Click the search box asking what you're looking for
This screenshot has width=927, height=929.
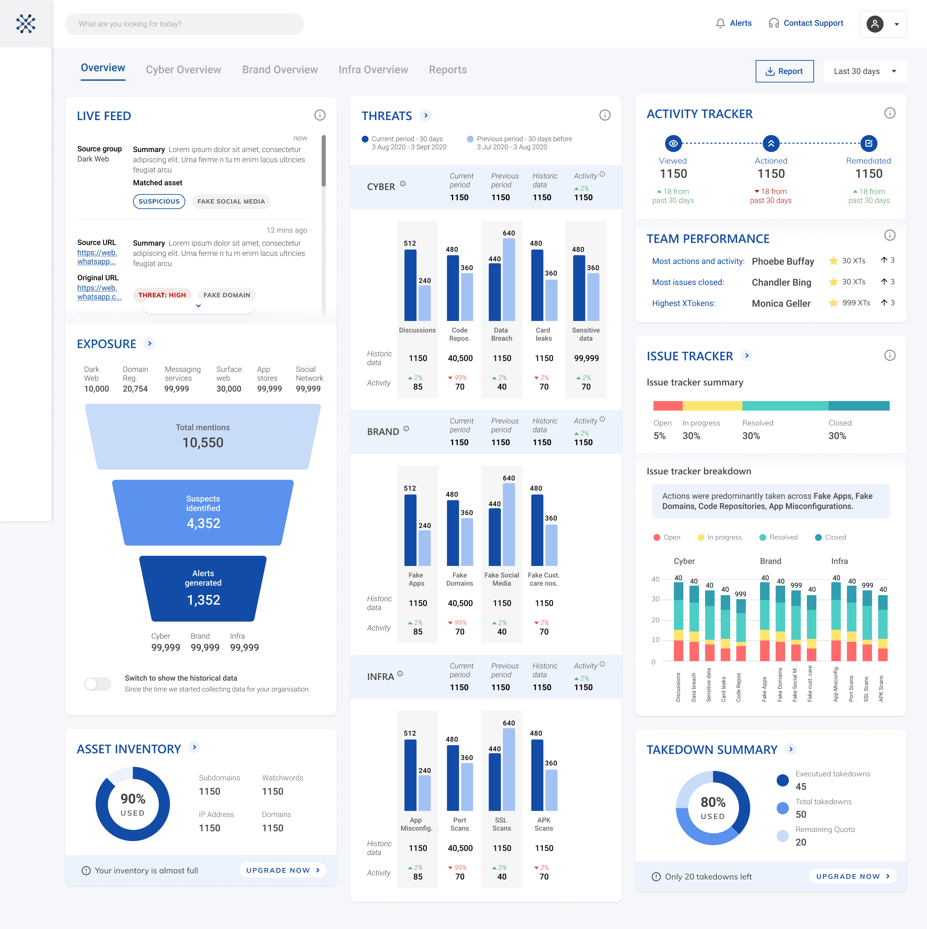184,24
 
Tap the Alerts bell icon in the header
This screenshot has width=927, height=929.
720,23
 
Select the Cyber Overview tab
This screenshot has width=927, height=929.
183,70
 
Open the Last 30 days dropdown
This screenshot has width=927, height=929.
865,71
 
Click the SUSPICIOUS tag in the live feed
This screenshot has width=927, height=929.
159,202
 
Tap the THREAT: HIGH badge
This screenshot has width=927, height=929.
162,295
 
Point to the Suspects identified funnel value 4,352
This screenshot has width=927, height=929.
203,523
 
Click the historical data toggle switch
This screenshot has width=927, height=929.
98,683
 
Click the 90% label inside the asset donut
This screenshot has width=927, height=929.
133,799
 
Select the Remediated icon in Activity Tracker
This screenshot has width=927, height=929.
868,143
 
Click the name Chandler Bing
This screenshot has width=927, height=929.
781,282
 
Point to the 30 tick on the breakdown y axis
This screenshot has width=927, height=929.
655,599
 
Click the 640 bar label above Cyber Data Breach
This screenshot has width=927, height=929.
509,233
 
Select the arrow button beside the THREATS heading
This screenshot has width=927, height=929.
425,115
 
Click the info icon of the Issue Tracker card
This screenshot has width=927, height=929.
889,355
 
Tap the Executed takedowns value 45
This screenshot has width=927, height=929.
800,787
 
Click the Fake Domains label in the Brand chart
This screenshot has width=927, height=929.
460,579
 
